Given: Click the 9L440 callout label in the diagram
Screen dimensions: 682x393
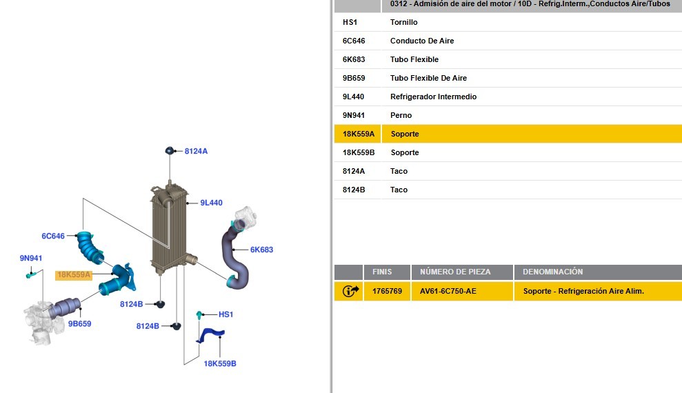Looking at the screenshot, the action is click(x=212, y=203).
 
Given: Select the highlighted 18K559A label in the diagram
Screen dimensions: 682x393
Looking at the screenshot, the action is click(x=74, y=274).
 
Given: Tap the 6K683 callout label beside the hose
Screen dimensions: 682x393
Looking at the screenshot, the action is click(x=261, y=250).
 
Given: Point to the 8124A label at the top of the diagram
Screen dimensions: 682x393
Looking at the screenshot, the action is click(x=196, y=151).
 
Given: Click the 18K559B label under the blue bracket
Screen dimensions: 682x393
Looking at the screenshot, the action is click(x=220, y=363).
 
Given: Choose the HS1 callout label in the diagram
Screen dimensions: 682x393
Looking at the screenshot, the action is click(x=225, y=314).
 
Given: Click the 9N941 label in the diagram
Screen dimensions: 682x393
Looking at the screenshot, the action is click(x=31, y=259).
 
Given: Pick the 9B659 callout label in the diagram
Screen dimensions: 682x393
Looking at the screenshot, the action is click(x=79, y=324).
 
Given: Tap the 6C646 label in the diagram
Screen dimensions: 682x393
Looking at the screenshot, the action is click(x=53, y=236).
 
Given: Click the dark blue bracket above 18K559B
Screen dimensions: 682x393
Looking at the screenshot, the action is click(x=210, y=334).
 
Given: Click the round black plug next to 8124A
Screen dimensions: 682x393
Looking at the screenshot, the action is click(x=170, y=151).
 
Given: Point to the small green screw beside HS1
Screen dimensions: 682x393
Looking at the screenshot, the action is click(x=199, y=315).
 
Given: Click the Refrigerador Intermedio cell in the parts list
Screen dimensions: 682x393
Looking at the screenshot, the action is click(x=433, y=97).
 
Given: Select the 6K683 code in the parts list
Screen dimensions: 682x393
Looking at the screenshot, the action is click(x=354, y=59).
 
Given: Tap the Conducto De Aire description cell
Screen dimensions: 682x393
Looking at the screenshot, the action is click(x=422, y=41).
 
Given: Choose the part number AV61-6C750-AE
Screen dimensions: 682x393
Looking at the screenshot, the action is click(x=448, y=291).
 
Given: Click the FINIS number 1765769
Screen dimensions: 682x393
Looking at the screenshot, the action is click(x=387, y=291).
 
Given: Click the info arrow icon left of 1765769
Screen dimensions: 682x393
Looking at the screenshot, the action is click(x=350, y=291).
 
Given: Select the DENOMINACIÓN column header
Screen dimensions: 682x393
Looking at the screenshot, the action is click(x=553, y=272).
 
